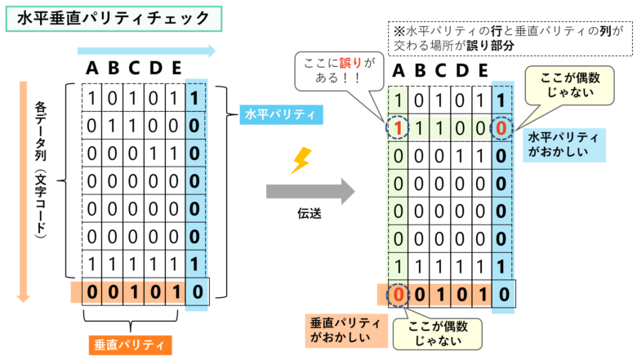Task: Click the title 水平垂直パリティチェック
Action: click(114, 19)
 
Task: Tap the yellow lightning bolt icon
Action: click(301, 161)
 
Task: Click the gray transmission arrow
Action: click(310, 191)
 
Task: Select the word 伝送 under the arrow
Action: click(310, 213)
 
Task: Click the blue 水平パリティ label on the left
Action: click(281, 114)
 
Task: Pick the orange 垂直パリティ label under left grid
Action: click(130, 345)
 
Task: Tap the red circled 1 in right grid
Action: click(398, 128)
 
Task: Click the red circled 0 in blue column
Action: click(501, 128)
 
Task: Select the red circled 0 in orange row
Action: click(399, 294)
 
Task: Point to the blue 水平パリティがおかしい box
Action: click(563, 144)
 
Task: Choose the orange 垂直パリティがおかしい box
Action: click(346, 330)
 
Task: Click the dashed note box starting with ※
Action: click(510, 38)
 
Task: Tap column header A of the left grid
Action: click(91, 68)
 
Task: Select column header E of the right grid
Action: click(483, 71)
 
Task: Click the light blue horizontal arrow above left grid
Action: click(146, 51)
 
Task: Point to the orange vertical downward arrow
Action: click(23, 192)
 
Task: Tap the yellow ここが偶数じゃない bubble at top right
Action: click(569, 85)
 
